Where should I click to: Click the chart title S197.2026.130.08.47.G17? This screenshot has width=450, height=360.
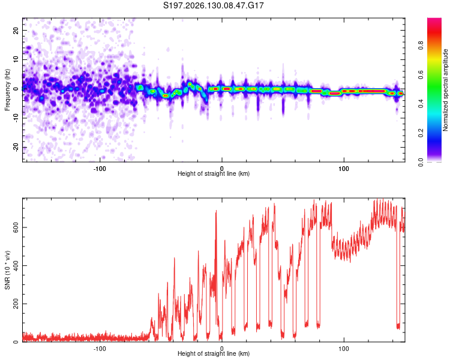coord(213,5)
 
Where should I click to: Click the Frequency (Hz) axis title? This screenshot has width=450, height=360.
coord(7,90)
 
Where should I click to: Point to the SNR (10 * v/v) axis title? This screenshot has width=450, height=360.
coord(7,270)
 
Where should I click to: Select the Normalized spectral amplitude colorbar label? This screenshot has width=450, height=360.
coord(445,90)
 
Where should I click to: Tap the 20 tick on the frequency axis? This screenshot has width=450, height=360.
coord(16,30)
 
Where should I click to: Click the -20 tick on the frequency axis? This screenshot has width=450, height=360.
coord(16,147)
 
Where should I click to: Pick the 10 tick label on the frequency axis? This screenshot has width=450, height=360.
coord(16,59)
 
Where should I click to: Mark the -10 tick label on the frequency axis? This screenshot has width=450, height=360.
coord(16,118)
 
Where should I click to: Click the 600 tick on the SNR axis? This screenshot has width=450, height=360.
coord(16,227)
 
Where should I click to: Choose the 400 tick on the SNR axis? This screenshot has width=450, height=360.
coord(16,266)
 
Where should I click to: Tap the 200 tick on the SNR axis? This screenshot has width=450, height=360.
coord(16,304)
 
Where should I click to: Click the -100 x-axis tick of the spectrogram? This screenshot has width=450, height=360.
coord(100,169)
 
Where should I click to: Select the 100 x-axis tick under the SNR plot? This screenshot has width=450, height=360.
coord(344,349)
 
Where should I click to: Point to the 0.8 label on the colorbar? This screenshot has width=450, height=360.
coord(421,45)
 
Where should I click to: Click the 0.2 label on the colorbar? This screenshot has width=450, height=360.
coord(421,133)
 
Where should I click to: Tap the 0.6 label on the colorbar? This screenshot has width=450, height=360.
coord(421,74)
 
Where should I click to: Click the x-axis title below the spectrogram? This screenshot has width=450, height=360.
coord(214,173)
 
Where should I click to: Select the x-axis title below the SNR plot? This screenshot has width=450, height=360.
coord(214,353)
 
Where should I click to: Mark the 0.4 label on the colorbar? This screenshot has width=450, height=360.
coord(421,104)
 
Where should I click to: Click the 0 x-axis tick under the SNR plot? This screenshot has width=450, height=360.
coord(221,349)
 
